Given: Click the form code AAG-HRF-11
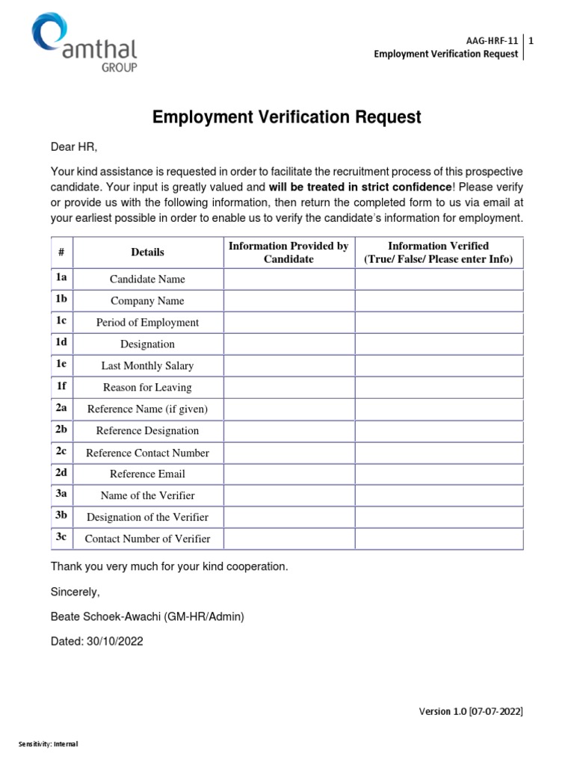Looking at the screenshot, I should click(491, 40).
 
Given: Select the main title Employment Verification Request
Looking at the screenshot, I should click(287, 117).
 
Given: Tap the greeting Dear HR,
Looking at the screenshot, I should click(74, 146).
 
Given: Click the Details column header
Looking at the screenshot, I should click(147, 253).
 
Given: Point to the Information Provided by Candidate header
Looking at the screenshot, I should click(288, 253).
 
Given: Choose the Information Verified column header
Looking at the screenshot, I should click(438, 253).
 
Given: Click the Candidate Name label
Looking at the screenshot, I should click(147, 279).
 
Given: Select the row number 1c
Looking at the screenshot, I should click(61, 321).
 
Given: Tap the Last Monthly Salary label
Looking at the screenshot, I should click(147, 366).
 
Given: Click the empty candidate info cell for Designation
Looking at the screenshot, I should click(288, 344).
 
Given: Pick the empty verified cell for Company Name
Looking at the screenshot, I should click(438, 301).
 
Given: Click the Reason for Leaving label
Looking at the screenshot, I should click(147, 388).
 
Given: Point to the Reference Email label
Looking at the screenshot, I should click(147, 474).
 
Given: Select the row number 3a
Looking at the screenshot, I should click(61, 495).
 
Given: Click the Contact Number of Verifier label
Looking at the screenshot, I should click(147, 539).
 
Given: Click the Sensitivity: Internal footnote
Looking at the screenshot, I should click(49, 744).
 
